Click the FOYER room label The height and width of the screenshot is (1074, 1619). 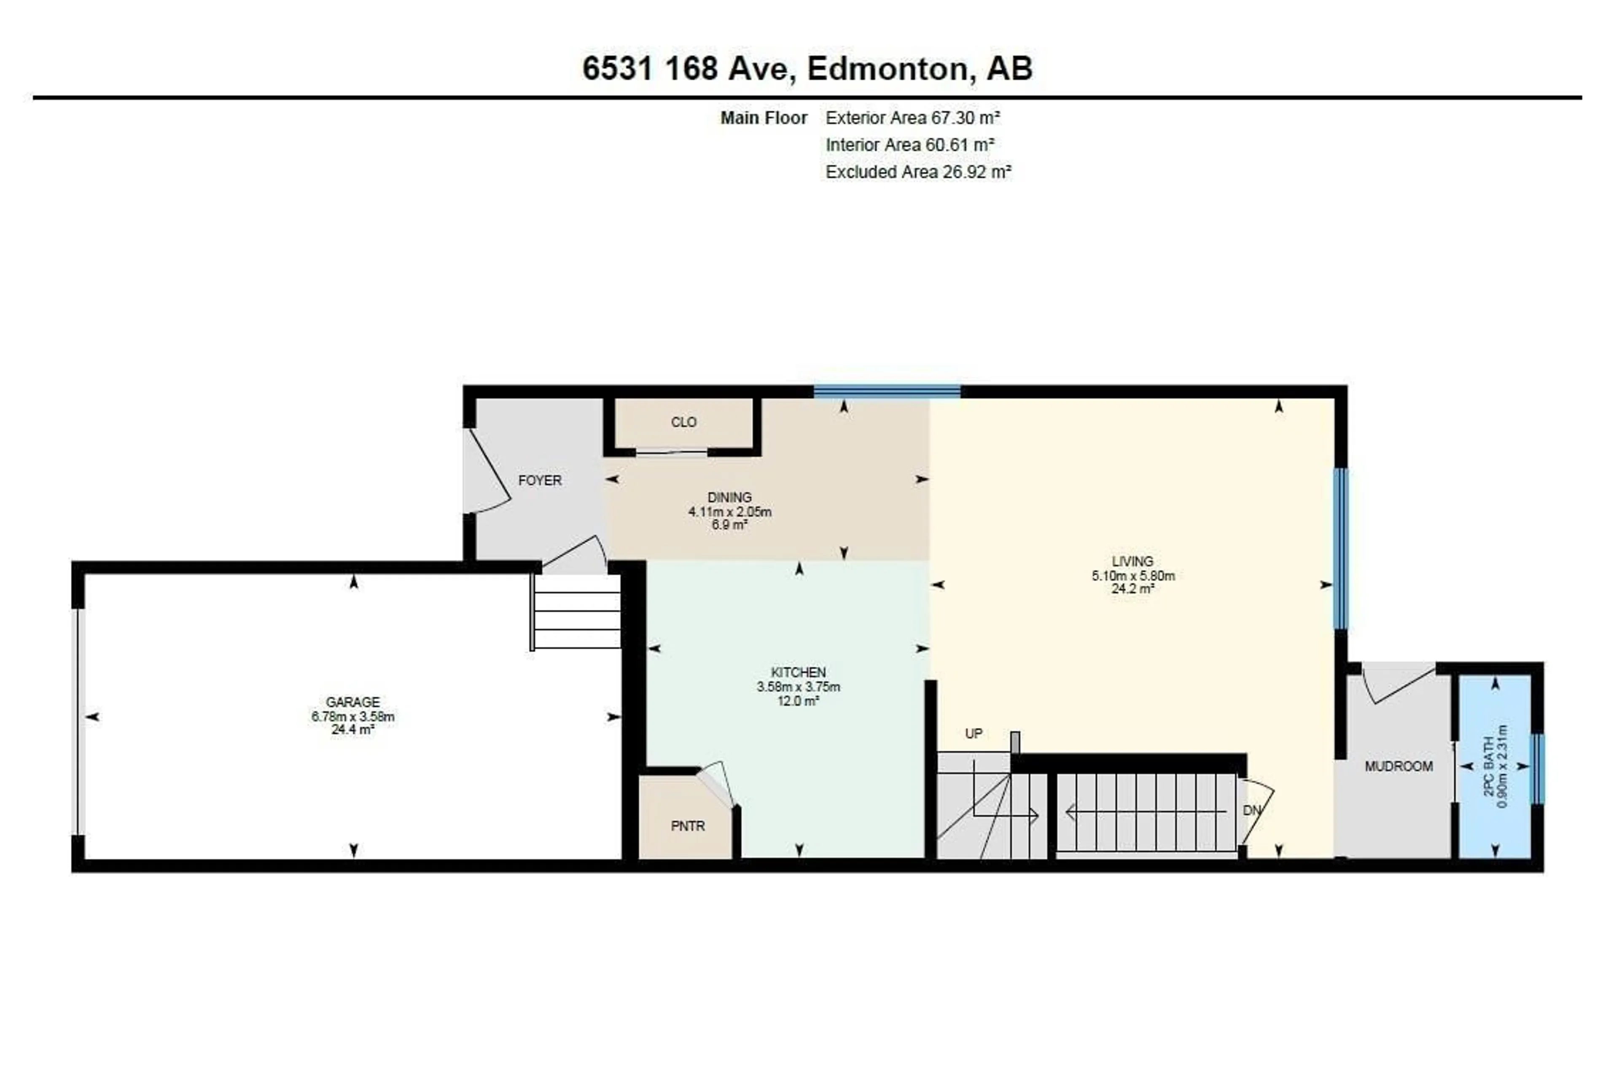540,480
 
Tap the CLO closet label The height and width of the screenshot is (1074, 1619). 684,422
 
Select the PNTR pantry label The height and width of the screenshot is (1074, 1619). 688,826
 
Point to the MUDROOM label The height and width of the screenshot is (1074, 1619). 1398,766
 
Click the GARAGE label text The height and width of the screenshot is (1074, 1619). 353,702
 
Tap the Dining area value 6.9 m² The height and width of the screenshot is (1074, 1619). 730,525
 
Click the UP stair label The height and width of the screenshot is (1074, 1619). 974,733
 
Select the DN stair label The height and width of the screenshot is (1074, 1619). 1252,810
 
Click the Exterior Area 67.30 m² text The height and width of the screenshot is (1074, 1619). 913,118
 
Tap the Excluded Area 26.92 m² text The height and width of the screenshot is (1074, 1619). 918,172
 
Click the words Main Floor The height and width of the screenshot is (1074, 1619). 763,118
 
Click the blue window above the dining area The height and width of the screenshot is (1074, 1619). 887,392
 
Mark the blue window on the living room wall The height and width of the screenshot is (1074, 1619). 1341,549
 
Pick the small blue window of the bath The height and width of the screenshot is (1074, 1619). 1538,768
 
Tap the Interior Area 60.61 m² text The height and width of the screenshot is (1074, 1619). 910,145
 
